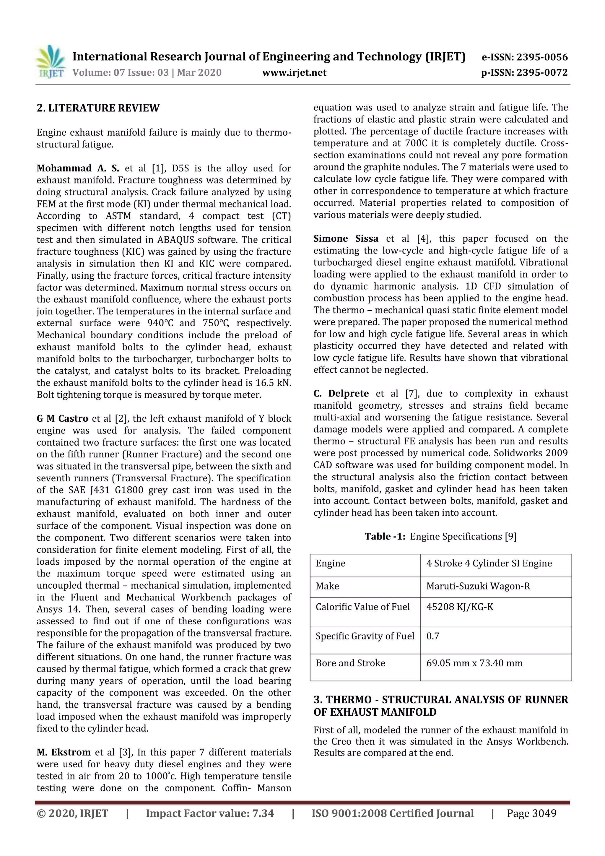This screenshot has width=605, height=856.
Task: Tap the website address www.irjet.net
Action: [294, 72]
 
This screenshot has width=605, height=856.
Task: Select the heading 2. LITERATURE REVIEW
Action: [98, 108]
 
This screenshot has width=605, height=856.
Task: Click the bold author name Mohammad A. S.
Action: [78, 168]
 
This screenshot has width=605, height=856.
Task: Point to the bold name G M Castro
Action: [62, 419]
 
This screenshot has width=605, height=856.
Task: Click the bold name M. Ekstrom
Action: [64, 753]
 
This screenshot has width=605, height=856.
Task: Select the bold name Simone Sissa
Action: [346, 239]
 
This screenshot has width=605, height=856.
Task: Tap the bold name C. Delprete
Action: [341, 394]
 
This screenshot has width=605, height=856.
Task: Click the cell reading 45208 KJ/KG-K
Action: [460, 607]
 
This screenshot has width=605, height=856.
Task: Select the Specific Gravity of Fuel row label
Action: [365, 636]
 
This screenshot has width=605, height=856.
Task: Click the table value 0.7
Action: [432, 636]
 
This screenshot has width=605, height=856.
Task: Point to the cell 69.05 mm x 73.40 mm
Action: [474, 663]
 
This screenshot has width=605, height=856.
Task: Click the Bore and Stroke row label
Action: [350, 663]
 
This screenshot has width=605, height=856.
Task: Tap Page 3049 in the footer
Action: [531, 813]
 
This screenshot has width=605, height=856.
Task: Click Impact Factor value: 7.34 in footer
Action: [209, 813]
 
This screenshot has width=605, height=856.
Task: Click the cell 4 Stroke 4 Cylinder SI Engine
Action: [489, 563]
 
